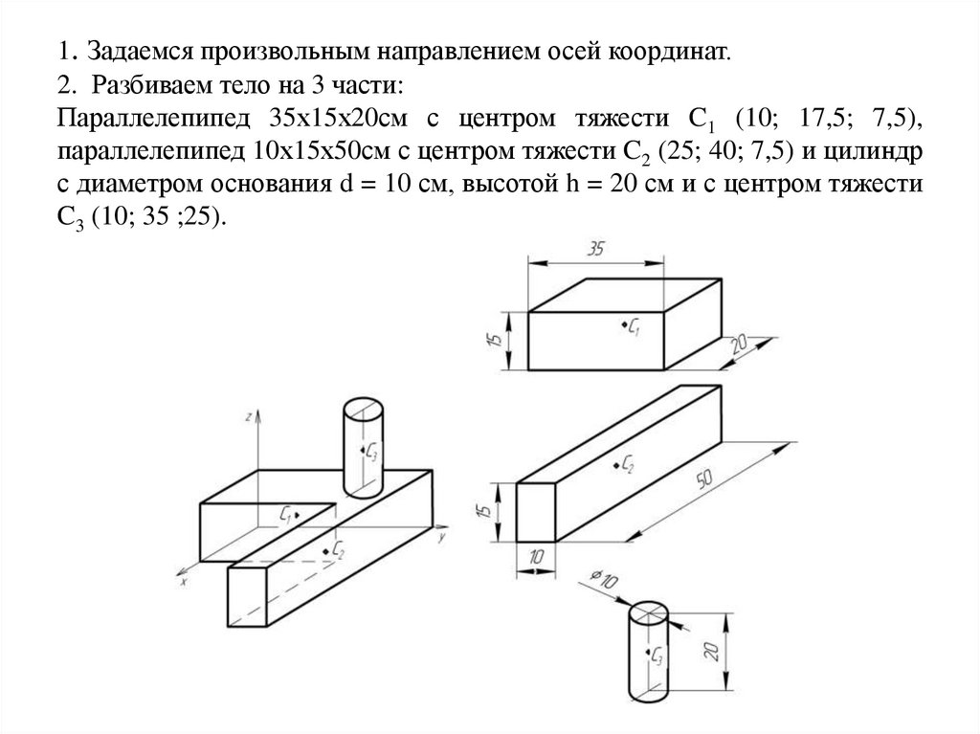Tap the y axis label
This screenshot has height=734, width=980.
click(443, 539)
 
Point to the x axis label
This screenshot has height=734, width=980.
click(183, 580)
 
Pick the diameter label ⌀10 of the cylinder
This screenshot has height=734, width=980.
click(605, 579)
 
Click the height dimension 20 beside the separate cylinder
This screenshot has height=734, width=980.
click(710, 651)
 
